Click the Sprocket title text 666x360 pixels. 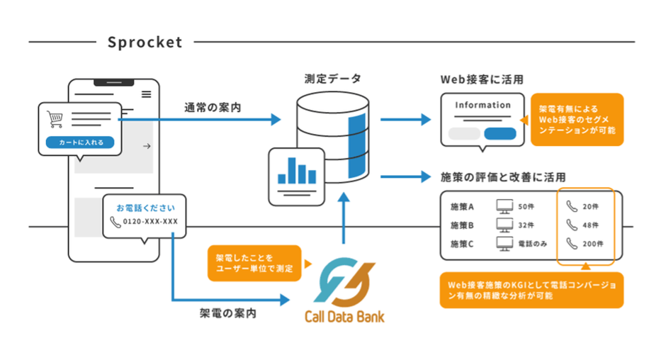tap(145, 43)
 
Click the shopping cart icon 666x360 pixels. tap(55, 118)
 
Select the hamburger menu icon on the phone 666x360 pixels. tap(146, 94)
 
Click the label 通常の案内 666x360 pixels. tap(212, 108)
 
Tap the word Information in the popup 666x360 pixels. tap(482, 105)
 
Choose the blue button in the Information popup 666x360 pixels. tap(499, 134)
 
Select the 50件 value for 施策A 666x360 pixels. tap(526, 206)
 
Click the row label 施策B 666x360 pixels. tap(465, 225)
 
